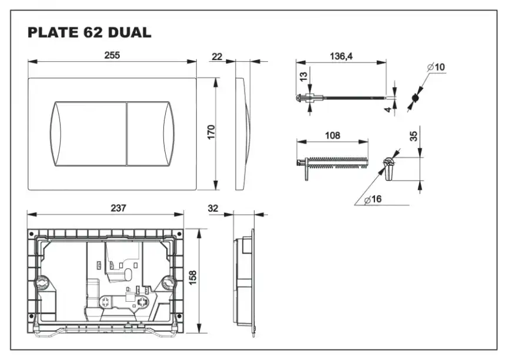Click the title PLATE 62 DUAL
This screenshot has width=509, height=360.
tap(89, 33)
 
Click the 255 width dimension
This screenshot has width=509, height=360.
tap(112, 55)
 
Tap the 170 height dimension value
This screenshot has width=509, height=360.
tap(212, 132)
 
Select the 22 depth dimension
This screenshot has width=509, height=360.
tap(217, 56)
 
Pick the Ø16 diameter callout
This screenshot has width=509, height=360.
tap(373, 199)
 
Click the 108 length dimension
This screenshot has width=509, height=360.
tap(332, 136)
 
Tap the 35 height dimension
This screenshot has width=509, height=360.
tap(414, 136)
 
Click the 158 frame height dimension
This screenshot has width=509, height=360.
tap(192, 276)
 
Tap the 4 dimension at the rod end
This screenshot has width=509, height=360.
tap(388, 109)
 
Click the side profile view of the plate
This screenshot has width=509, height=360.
tap(242, 132)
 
